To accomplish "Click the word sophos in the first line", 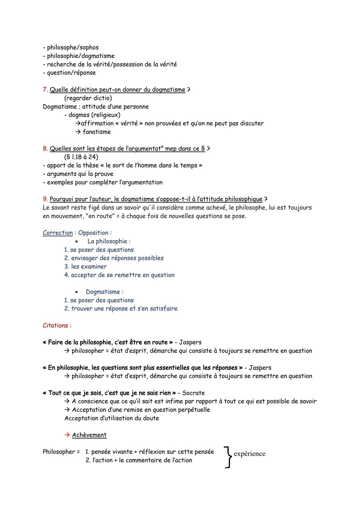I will pyautogui.click(x=89, y=48).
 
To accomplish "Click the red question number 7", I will pyautogui.click(x=45, y=90).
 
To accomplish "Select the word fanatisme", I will pyautogui.click(x=97, y=132).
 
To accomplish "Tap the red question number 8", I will pyautogui.click(x=45, y=149).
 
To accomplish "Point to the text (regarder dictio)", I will pyautogui.click(x=88, y=98).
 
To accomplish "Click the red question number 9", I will pyautogui.click(x=45, y=199).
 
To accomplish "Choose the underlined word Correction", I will pyautogui.click(x=58, y=233).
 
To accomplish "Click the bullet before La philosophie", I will pyautogui.click(x=77, y=242).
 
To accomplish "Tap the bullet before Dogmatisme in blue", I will pyautogui.click(x=77, y=292).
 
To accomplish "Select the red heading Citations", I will pyautogui.click(x=57, y=325).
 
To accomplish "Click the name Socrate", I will pyautogui.click(x=193, y=393).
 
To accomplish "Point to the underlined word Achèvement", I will pyautogui.click(x=89, y=435).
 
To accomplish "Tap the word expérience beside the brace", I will pyautogui.click(x=249, y=454).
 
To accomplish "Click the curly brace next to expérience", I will pyautogui.click(x=228, y=457).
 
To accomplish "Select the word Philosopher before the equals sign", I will pyautogui.click(x=59, y=452).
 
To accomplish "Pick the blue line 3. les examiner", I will pyautogui.click(x=86, y=267).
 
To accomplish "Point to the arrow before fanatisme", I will pyautogui.click(x=78, y=132).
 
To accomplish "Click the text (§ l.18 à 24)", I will pyautogui.click(x=81, y=157).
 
